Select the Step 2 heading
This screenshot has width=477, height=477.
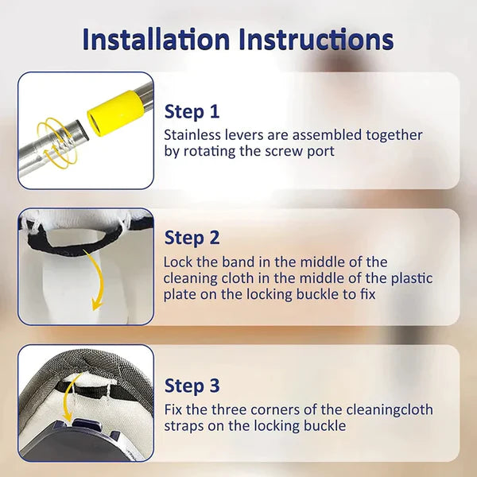tap(192, 237)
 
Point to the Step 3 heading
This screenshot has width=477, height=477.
tap(192, 386)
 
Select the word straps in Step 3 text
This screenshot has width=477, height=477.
tap(184, 426)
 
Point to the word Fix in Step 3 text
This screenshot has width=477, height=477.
tap(173, 410)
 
